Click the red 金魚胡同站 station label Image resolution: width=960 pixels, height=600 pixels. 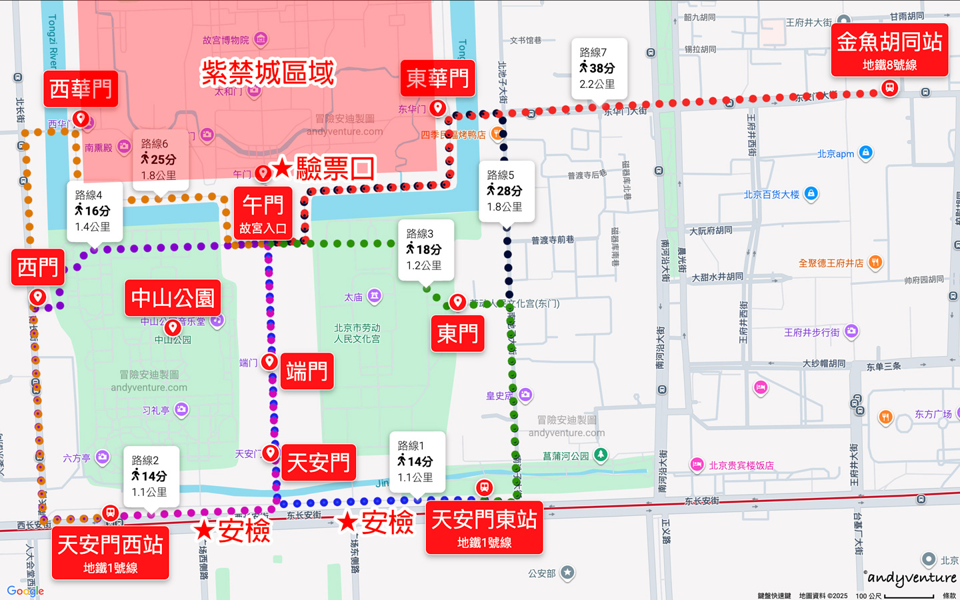point(889,51)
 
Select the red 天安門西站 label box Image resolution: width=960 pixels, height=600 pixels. point(111,553)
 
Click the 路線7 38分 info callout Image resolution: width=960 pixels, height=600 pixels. point(599,68)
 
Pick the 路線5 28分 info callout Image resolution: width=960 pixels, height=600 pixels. point(506,191)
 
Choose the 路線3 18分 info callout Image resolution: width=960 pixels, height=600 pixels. point(425,249)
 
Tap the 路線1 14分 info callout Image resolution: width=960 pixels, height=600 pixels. point(417,461)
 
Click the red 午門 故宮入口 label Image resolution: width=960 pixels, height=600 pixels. point(263,212)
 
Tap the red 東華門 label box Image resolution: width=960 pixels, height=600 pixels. point(437,79)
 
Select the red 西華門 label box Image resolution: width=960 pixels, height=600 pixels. point(81,89)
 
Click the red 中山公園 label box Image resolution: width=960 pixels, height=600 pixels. point(173,297)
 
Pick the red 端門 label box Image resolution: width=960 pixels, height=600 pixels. point(307,371)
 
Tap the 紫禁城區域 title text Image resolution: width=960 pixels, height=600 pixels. point(268,72)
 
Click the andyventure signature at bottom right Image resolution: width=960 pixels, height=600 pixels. point(911,577)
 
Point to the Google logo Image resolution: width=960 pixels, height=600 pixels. point(25,591)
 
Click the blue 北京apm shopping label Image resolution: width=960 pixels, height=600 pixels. point(836,154)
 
